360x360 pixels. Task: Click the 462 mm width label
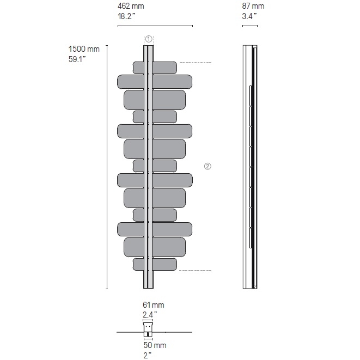tap(131, 6)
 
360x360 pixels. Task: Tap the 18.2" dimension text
tap(126, 16)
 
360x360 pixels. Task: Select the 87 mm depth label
tap(253, 6)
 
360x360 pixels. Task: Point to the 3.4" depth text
tap(249, 16)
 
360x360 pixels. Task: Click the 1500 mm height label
tap(84, 49)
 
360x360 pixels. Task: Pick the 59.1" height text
tap(77, 59)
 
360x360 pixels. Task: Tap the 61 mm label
tap(154, 305)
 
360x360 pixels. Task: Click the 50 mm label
tap(155, 345)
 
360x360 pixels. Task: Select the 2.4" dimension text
tap(150, 314)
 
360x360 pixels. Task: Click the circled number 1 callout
tap(149, 39)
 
